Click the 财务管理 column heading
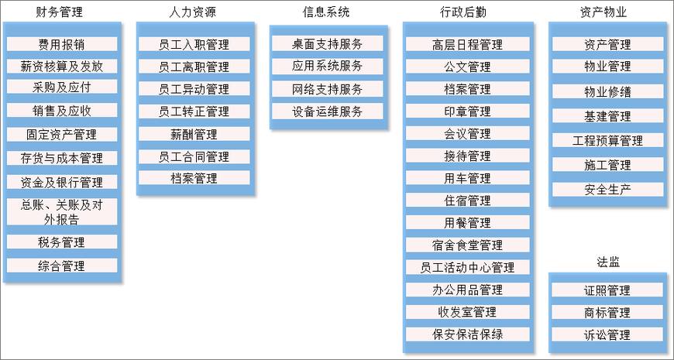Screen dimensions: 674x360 coord(60,12)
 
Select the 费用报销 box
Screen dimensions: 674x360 coord(62,44)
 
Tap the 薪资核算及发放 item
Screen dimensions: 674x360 coord(62,66)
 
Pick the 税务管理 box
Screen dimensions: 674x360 coord(62,242)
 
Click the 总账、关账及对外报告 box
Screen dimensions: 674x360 coord(62,212)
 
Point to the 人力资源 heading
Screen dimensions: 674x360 coord(193,12)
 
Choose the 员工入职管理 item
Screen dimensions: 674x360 coord(194,44)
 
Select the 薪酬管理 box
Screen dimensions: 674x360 coord(194,134)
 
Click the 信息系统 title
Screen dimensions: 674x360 coord(326,12)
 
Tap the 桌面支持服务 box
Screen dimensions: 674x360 coord(327,44)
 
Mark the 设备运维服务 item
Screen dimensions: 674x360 coord(327,111)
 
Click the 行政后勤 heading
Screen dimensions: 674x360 coord(463,12)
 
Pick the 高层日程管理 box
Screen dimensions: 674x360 coord(468,44)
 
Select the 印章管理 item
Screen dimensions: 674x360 coord(468,111)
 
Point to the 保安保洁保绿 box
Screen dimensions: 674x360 coord(468,334)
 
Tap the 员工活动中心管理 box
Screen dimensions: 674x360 coord(468,267)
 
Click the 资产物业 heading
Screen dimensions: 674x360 coord(604,12)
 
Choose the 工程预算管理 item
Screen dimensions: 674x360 coord(608,140)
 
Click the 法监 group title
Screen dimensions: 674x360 coord(608,262)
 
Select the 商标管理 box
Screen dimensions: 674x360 coord(607,312)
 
